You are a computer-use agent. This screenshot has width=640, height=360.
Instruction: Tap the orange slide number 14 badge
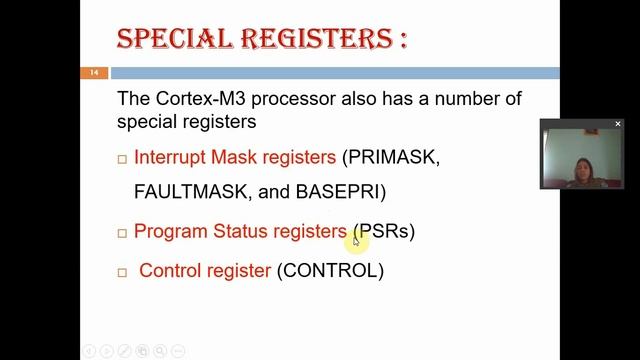click(x=93, y=73)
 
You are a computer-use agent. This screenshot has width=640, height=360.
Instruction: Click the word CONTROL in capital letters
click(x=330, y=270)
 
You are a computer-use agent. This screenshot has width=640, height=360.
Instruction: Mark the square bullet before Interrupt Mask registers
click(x=122, y=159)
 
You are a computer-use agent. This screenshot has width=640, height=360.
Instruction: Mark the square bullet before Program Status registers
click(x=122, y=233)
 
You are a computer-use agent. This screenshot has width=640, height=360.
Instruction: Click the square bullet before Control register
click(x=122, y=272)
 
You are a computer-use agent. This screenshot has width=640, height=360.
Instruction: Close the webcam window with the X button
click(x=618, y=124)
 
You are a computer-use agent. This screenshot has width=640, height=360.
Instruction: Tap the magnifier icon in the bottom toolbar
click(x=161, y=351)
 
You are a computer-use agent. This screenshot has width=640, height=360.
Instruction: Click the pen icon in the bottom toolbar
click(x=124, y=351)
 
